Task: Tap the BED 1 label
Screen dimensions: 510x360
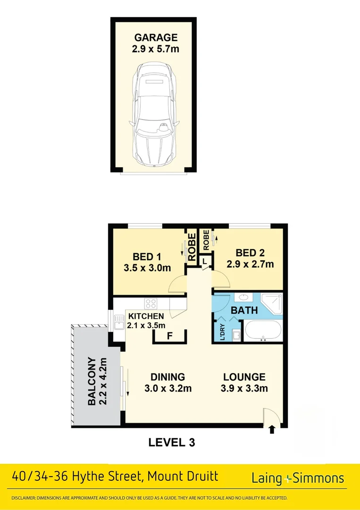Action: point(147,256)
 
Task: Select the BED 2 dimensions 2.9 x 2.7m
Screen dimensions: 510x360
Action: point(250,264)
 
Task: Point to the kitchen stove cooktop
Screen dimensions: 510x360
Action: point(151,303)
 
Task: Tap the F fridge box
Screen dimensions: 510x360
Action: point(170,336)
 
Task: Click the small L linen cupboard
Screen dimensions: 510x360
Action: point(205,261)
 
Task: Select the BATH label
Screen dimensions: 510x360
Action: point(244,310)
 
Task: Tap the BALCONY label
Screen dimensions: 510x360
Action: point(96,382)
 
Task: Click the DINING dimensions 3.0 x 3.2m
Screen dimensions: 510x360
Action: point(167,389)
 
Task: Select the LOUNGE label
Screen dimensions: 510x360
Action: point(244,377)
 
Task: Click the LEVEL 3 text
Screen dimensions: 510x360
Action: point(171,442)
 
